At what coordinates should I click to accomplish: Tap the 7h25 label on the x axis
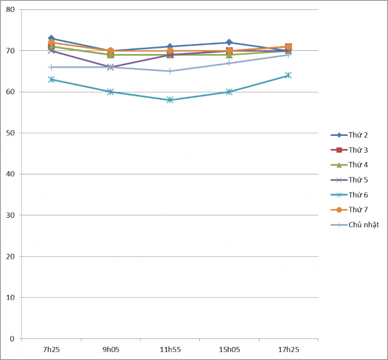coord(52,350)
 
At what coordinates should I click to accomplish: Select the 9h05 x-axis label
coord(111,350)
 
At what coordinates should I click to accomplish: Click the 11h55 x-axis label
coord(170,350)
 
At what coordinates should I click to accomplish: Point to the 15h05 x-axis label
coord(229,350)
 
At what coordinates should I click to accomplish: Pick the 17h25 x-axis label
coord(288,350)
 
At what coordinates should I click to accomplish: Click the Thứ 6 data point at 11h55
coord(170,100)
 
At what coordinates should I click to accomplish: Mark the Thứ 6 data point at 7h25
coord(52,79)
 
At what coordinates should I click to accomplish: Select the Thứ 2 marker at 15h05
coord(229,42)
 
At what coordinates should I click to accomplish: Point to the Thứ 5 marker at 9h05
coord(111,67)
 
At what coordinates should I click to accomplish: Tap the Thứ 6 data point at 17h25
coord(288,75)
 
